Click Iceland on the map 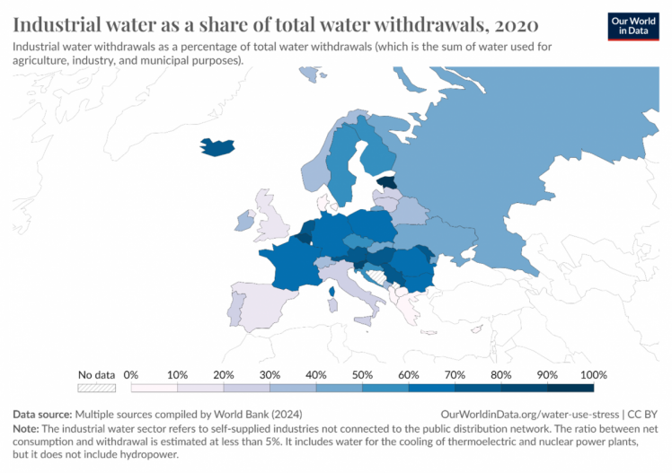tap(217, 147)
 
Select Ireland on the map tap(243, 220)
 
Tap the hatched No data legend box tap(97, 388)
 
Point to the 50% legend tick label tap(362, 374)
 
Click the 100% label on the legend tap(594, 374)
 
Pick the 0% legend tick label tap(130, 374)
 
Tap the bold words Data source tap(42, 415)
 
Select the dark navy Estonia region tap(386, 181)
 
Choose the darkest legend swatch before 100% tap(570, 388)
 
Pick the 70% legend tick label tap(455, 374)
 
